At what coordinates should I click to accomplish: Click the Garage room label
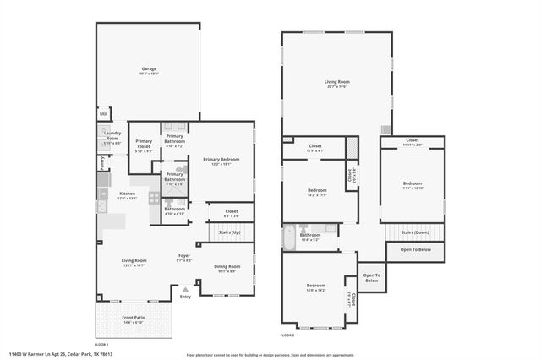[x=150, y=68]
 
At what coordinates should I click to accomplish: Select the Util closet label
[x=104, y=113]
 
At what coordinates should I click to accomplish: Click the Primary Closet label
[x=145, y=144]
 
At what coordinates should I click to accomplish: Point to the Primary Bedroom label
[x=220, y=159]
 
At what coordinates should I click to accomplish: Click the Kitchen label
[x=127, y=194]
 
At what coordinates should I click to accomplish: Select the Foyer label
[x=183, y=255]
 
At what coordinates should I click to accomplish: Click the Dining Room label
[x=227, y=266]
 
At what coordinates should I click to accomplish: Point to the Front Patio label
[x=134, y=318]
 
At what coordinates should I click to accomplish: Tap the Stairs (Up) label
[x=230, y=231]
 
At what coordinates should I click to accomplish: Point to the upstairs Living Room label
[x=336, y=81]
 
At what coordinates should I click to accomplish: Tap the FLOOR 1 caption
[x=101, y=344]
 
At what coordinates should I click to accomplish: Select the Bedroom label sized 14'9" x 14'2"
[x=316, y=286]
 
